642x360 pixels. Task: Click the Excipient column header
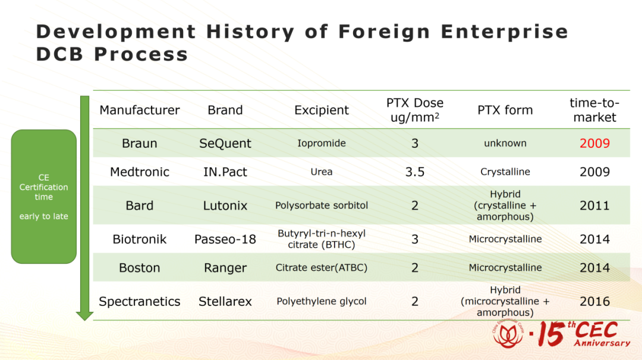pyautogui.click(x=322, y=110)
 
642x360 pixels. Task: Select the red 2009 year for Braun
pyautogui.click(x=594, y=143)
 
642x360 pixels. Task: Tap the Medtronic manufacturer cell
pyautogui.click(x=140, y=172)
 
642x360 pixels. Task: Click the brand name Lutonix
pyautogui.click(x=225, y=206)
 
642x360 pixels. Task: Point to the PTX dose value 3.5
pyautogui.click(x=415, y=172)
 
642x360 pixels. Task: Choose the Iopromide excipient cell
pyautogui.click(x=322, y=143)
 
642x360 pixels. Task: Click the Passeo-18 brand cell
pyautogui.click(x=225, y=239)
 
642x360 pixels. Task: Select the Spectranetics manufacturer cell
pyautogui.click(x=140, y=302)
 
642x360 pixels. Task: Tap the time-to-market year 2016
pyautogui.click(x=594, y=302)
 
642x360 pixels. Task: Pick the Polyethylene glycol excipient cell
pyautogui.click(x=322, y=302)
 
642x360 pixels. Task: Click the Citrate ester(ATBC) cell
pyautogui.click(x=322, y=267)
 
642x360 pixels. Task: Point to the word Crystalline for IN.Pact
pyautogui.click(x=505, y=172)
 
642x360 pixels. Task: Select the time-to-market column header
pyautogui.click(x=594, y=110)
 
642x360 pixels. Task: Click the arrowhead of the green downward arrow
pyautogui.click(x=85, y=316)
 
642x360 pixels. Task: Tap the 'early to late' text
pyautogui.click(x=44, y=216)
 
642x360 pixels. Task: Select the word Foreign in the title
pyautogui.click(x=384, y=31)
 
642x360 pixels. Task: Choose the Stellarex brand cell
pyautogui.click(x=225, y=302)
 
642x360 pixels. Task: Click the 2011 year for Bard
pyautogui.click(x=594, y=206)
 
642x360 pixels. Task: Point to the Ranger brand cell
pyautogui.click(x=225, y=268)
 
